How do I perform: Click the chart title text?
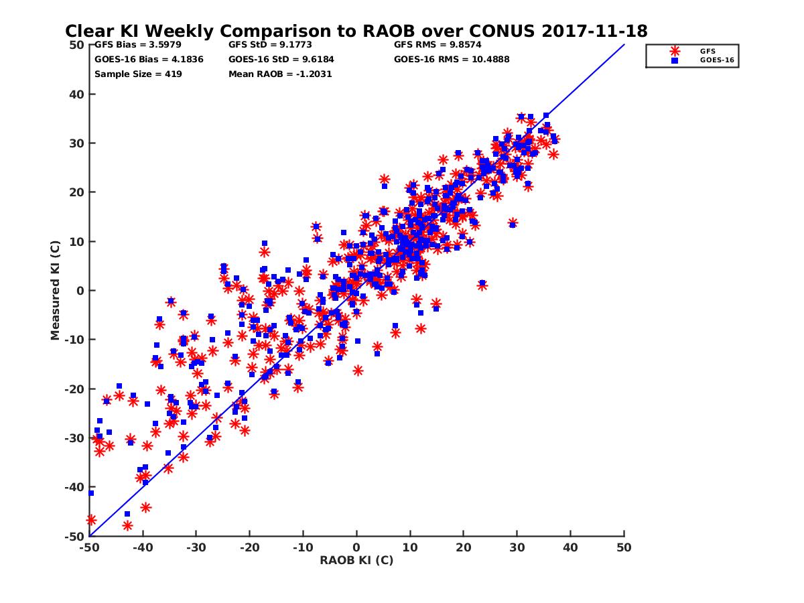356,31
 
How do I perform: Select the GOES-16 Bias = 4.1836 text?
149,60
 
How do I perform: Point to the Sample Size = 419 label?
138,74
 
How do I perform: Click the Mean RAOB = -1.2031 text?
280,74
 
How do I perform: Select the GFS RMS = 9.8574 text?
438,46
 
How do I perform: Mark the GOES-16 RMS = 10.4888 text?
452,60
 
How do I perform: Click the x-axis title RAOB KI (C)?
356,560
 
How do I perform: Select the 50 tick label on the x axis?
624,547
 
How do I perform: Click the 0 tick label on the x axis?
356,547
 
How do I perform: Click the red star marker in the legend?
675,51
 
